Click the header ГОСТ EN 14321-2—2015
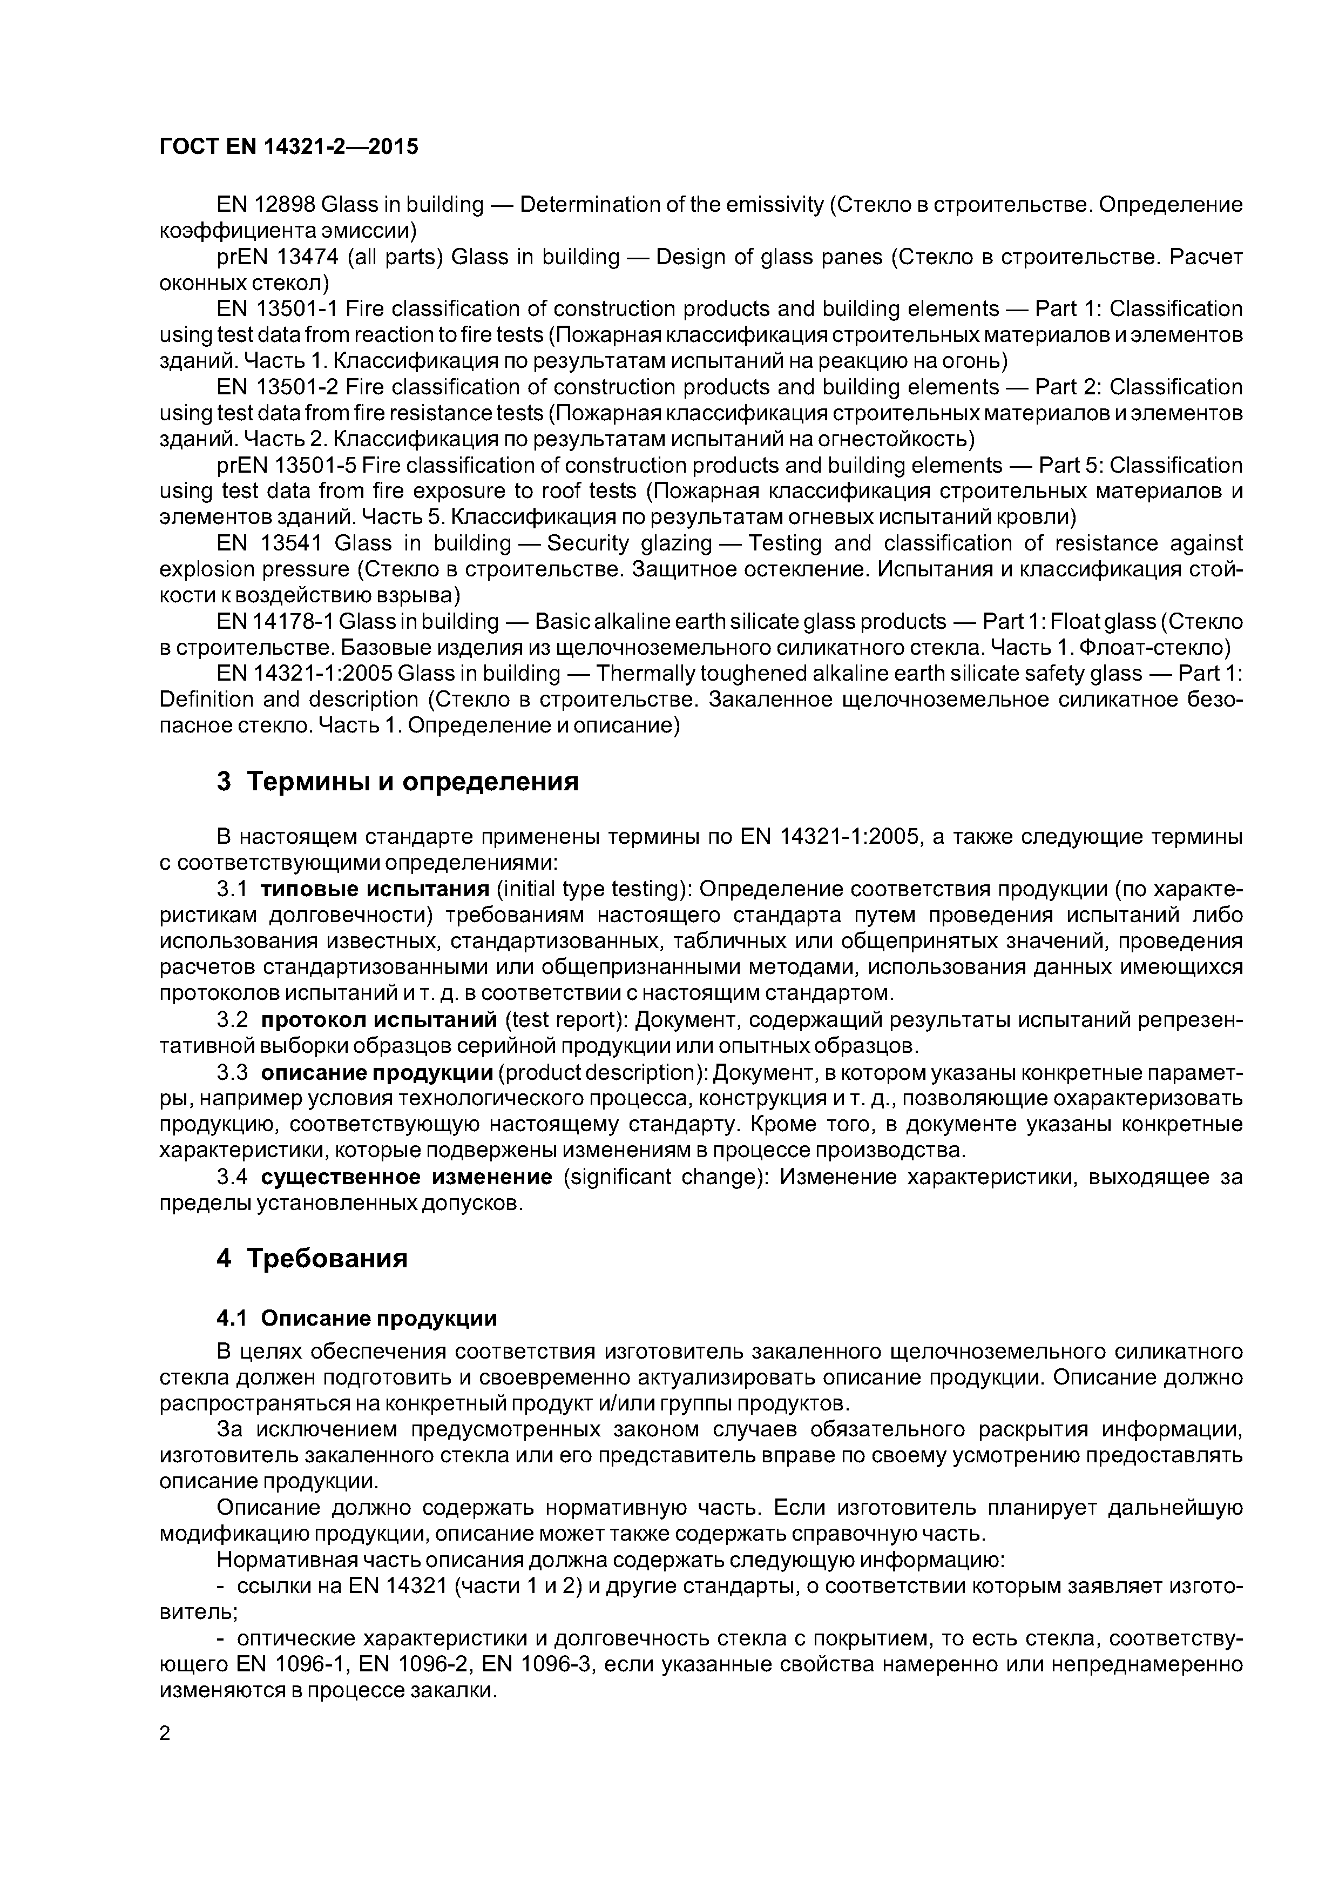tap(289, 147)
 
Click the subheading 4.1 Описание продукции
tap(356, 1318)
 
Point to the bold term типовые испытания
tap(375, 890)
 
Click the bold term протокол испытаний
tap(378, 1020)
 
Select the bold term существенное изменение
tap(407, 1177)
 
